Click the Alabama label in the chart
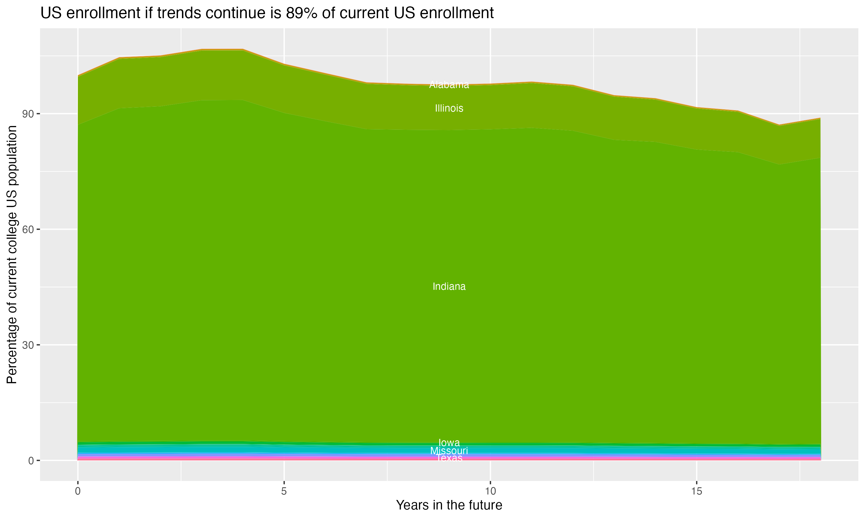[449, 85]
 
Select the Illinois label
[449, 108]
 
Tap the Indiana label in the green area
[449, 286]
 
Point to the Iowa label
[449, 442]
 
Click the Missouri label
[449, 451]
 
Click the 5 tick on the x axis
[284, 491]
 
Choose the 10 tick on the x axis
[490, 491]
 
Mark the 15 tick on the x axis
[697, 491]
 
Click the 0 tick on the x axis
[78, 491]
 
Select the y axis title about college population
[12, 255]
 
